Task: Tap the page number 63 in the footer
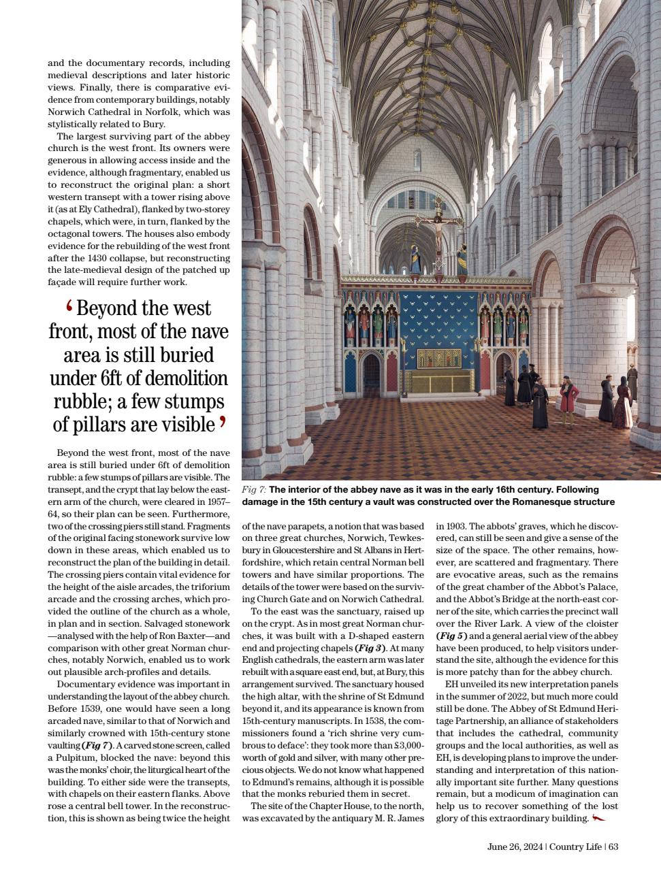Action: [613, 847]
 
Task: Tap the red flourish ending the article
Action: [598, 818]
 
